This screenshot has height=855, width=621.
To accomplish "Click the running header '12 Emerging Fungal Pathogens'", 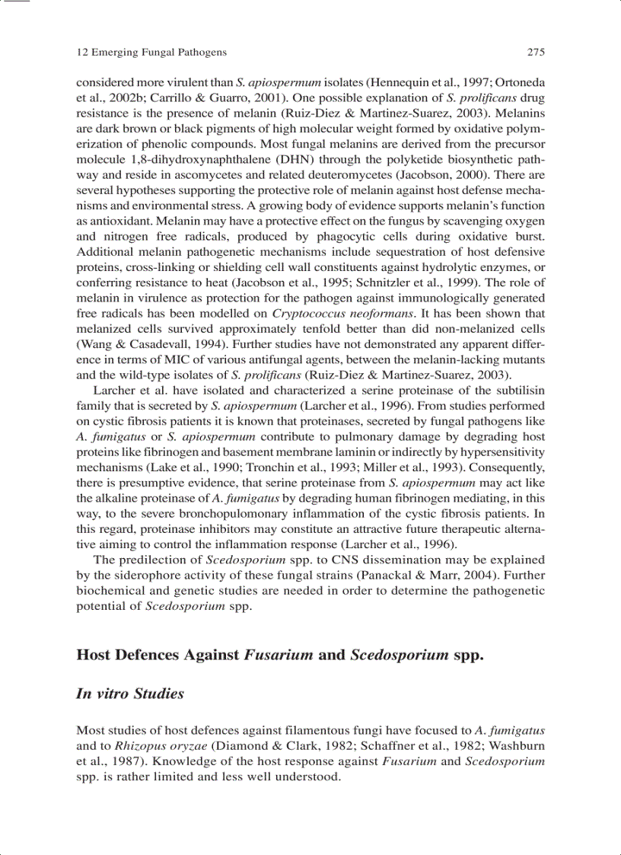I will coord(152,53).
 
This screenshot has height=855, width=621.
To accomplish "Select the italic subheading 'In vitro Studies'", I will coord(130,694).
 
